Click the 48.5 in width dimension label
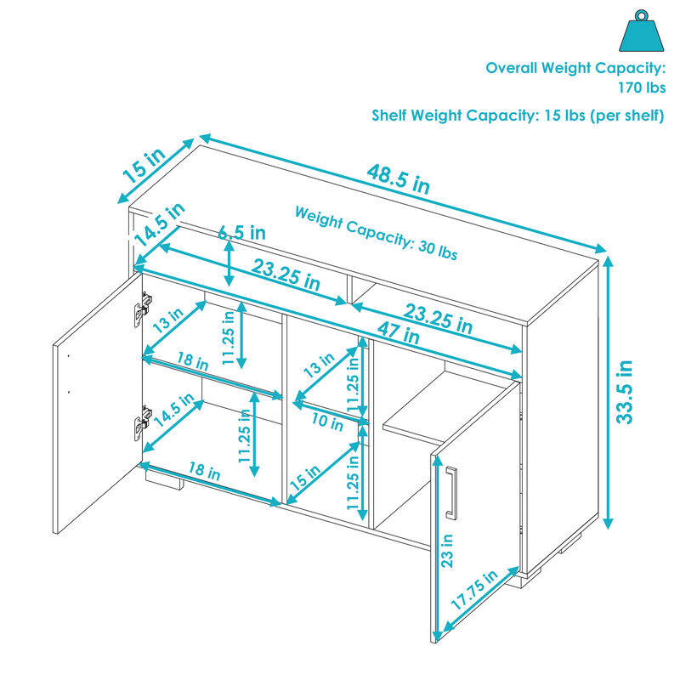pos(398,178)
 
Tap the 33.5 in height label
pos(625,392)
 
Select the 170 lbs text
pos(642,88)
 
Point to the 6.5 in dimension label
pos(241,232)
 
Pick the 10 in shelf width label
pos(327,421)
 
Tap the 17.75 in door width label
pos(474,590)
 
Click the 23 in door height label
pos(447,551)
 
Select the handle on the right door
pos(451,492)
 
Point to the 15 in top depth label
pos(144,166)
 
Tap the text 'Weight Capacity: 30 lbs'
pos(376,233)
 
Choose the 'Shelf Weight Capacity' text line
pos(518,116)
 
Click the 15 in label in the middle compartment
pos(305,477)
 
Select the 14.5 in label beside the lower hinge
pos(174,410)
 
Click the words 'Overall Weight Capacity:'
pos(575,68)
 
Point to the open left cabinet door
pos(98,403)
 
